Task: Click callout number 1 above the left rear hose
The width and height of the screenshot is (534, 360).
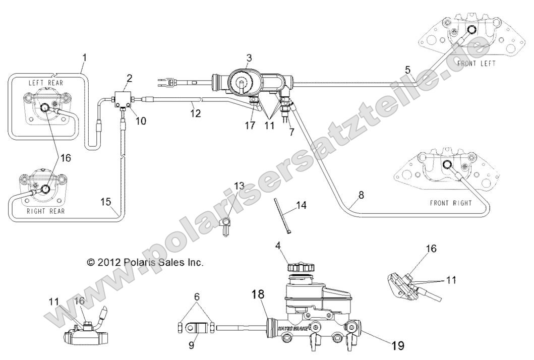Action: tap(84, 57)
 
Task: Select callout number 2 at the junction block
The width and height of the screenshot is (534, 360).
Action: tap(130, 78)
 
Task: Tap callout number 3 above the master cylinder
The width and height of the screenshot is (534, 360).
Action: tap(249, 58)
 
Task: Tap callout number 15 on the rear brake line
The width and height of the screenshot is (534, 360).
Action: tap(105, 202)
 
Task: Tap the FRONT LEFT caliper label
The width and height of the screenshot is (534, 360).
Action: tap(476, 64)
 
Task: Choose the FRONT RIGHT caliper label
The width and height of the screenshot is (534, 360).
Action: tap(451, 203)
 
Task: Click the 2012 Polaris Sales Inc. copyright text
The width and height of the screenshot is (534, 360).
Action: tap(145, 262)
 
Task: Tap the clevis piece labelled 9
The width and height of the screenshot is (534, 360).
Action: tap(196, 328)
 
